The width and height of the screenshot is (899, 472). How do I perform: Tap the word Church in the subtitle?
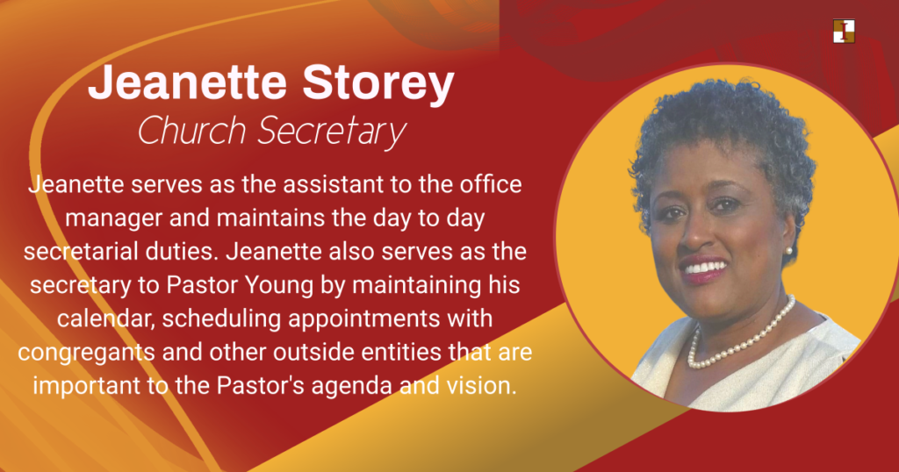tap(192, 130)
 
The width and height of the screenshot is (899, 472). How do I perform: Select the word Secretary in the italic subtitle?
tap(332, 132)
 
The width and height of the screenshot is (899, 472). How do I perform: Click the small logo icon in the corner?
tap(844, 31)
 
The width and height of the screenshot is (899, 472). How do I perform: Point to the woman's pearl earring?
tap(789, 250)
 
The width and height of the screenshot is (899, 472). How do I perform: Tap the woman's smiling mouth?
tap(703, 268)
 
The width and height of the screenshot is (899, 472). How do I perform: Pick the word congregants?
tap(87, 353)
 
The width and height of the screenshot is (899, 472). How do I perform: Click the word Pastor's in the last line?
tap(260, 385)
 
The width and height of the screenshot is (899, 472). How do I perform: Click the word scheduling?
tap(221, 319)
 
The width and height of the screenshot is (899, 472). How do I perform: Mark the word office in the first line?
tap(490, 184)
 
